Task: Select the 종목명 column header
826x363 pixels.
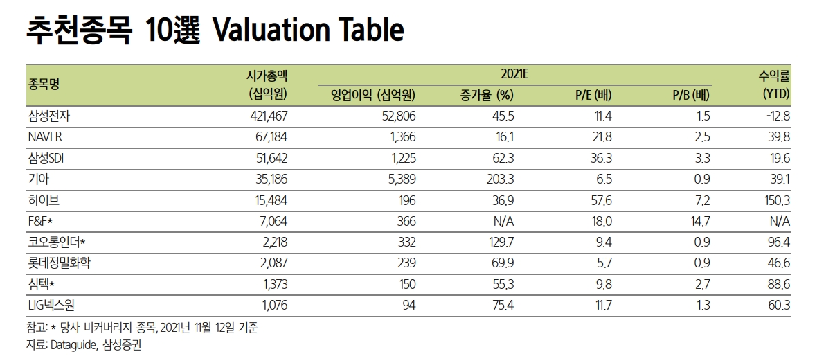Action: (x=43, y=84)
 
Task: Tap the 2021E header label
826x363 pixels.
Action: (x=513, y=72)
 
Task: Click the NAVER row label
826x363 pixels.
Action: (x=46, y=137)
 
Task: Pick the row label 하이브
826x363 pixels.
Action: (x=42, y=200)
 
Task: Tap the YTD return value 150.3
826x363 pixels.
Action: (x=775, y=200)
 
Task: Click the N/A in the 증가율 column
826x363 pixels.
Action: (x=503, y=222)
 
